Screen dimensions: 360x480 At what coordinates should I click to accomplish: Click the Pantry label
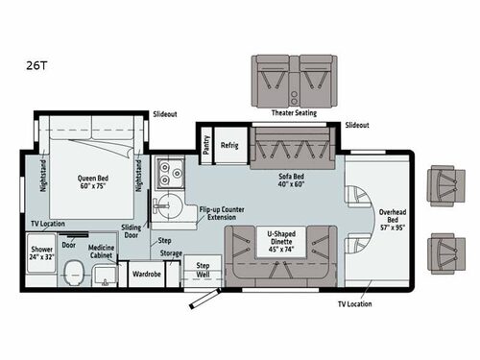206,145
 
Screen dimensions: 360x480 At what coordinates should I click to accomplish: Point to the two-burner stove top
171,174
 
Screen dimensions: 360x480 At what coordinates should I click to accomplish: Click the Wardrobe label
147,272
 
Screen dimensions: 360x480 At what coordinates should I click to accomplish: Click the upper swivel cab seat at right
444,184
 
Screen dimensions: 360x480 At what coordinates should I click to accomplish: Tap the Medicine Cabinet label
108,252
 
